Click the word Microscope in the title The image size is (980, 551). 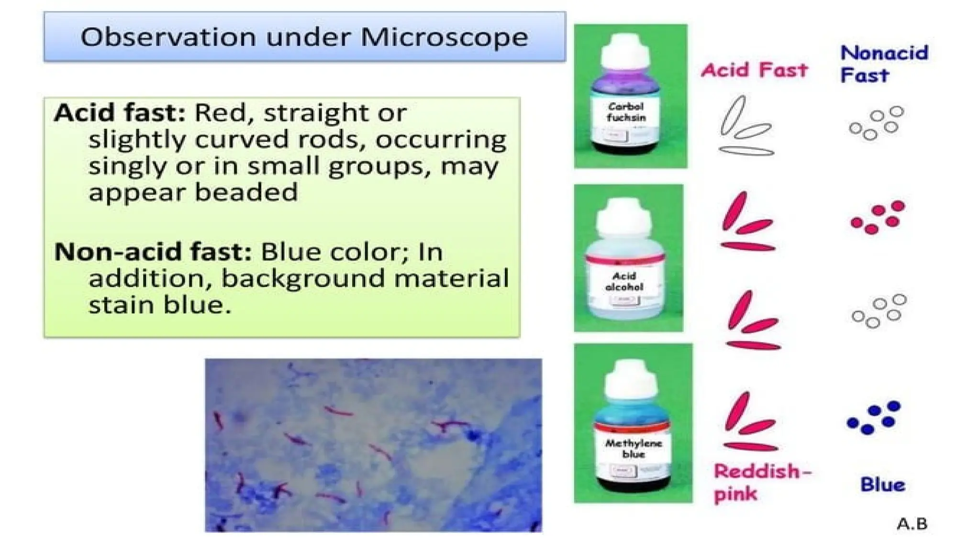coord(444,37)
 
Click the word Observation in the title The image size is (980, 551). coord(168,37)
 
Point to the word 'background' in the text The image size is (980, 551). coord(303,279)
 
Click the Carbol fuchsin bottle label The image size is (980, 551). coord(626,112)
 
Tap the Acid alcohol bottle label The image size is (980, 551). coord(624,282)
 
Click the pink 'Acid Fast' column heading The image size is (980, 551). coord(755,70)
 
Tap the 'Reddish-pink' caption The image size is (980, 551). coord(762,482)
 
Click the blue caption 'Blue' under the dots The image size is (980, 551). coord(883,485)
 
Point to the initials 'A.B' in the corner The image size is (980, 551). coord(912,524)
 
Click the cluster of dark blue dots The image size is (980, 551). coord(874,418)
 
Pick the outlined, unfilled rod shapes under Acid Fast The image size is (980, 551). coord(746,127)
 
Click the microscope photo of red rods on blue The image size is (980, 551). coord(373,445)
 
